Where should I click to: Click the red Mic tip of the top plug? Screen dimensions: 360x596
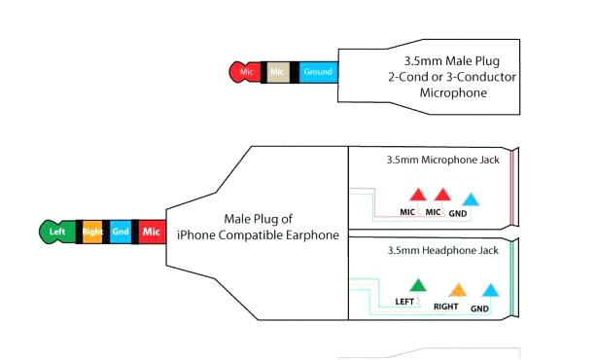tap(242, 72)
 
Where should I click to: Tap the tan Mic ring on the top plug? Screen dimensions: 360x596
tap(276, 72)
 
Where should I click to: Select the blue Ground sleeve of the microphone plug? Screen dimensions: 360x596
tap(317, 72)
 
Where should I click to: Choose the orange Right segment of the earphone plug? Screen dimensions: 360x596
tap(92, 232)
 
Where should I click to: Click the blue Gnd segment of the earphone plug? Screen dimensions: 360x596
tap(121, 232)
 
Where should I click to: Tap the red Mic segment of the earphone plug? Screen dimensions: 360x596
tap(151, 232)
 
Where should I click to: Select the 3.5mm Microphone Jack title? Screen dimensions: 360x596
tap(442, 159)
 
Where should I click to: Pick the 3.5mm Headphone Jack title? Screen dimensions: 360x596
tap(442, 250)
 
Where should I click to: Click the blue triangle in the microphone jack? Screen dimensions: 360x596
tap(471, 198)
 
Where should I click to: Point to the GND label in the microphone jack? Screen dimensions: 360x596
tap(458, 212)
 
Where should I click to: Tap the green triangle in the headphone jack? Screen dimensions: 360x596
tap(417, 285)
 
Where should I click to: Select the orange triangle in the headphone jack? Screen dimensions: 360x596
tap(457, 289)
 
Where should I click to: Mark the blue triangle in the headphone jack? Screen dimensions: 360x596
tap(490, 290)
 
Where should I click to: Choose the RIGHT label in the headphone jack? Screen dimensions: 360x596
tap(446, 306)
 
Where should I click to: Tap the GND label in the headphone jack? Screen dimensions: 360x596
tap(480, 308)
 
